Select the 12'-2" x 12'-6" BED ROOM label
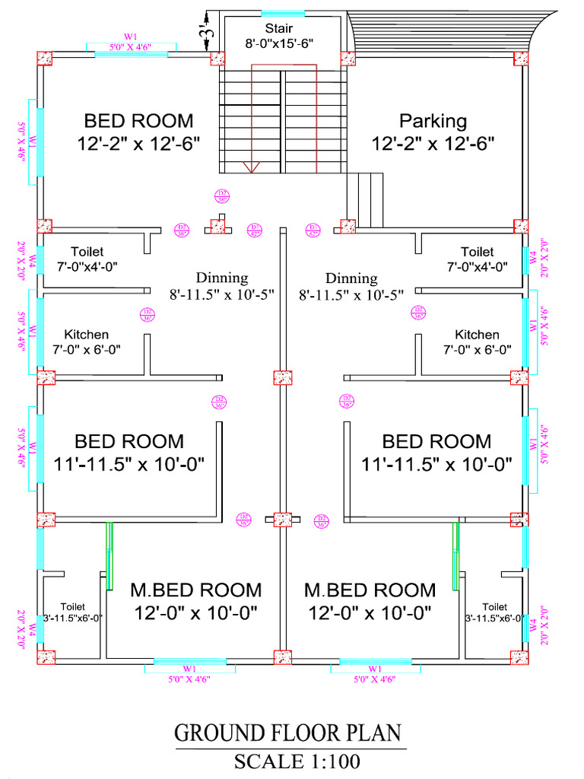click(x=138, y=131)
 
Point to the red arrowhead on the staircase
click(x=252, y=167)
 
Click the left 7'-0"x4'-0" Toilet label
click(x=87, y=259)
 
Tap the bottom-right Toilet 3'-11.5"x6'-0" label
click(x=494, y=612)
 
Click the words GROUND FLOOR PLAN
click(x=287, y=733)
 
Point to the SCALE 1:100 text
click(x=297, y=760)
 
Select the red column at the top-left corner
click(x=44, y=59)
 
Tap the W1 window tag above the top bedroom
click(x=130, y=37)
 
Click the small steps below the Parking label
click(x=366, y=199)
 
